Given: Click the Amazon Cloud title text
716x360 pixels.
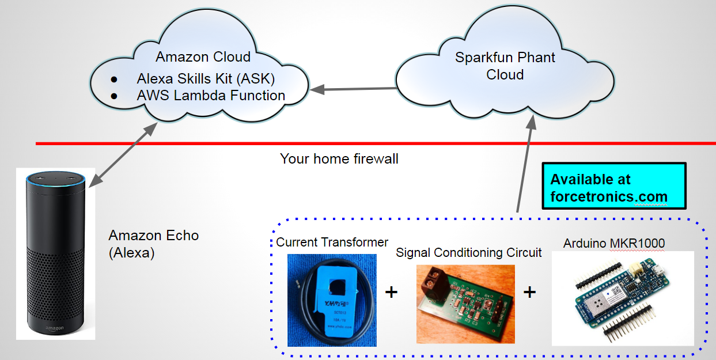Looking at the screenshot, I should pyautogui.click(x=203, y=57).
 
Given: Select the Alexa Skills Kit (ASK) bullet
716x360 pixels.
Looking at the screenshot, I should pyautogui.click(x=206, y=78).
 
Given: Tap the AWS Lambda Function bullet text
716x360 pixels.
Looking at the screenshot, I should pyautogui.click(x=211, y=95).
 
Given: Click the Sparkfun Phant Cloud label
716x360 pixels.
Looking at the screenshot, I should pyautogui.click(x=505, y=66).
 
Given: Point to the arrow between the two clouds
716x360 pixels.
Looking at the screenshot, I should pyautogui.click(x=353, y=89).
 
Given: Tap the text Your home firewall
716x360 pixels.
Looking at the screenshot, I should pyautogui.click(x=339, y=158).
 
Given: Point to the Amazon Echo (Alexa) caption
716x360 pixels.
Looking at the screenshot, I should pyautogui.click(x=153, y=244).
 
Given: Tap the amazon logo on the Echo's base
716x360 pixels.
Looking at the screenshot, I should pyautogui.click(x=55, y=328).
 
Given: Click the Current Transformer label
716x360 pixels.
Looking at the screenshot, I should pyautogui.click(x=332, y=242).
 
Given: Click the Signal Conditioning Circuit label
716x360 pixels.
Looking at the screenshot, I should pyautogui.click(x=468, y=252).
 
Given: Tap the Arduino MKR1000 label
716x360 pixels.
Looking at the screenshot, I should pyautogui.click(x=613, y=243).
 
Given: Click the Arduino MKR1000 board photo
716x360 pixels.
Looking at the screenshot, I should pyautogui.click(x=622, y=298).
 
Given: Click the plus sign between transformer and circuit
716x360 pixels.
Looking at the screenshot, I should pyautogui.click(x=391, y=292).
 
